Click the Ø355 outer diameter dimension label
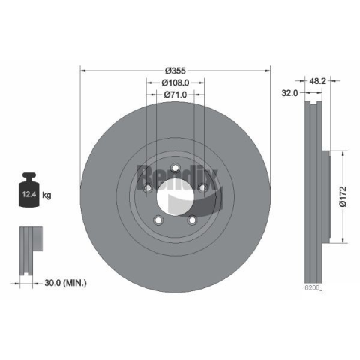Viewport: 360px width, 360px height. point(175,70)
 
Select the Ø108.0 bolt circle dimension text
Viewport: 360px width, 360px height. point(175,82)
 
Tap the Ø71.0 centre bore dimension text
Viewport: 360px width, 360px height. point(175,94)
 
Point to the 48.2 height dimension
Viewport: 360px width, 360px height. point(317,81)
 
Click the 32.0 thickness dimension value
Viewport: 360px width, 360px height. point(289,93)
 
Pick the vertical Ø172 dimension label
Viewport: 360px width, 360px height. point(343,196)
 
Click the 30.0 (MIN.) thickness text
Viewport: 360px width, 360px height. point(65,283)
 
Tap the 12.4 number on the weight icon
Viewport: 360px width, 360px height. point(29,194)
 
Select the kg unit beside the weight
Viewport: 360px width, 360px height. point(46,195)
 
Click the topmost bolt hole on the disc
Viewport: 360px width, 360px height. point(175,168)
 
